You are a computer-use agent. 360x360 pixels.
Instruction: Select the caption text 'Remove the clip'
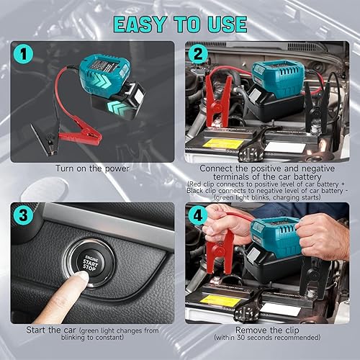[269, 330]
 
